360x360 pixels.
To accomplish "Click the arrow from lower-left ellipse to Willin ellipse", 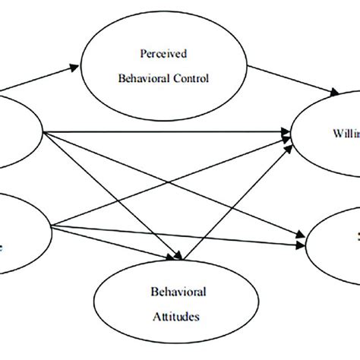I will pos(175,182).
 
